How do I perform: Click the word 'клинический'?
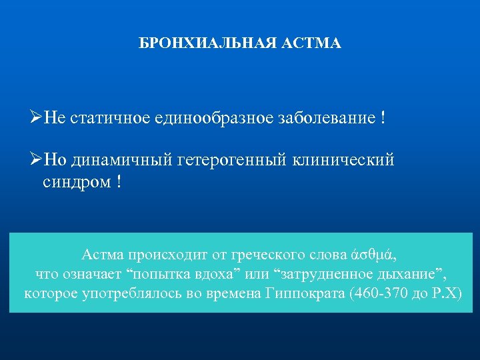(x=345, y=161)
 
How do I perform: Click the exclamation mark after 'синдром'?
(x=119, y=182)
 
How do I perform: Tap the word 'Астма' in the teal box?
(x=103, y=255)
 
